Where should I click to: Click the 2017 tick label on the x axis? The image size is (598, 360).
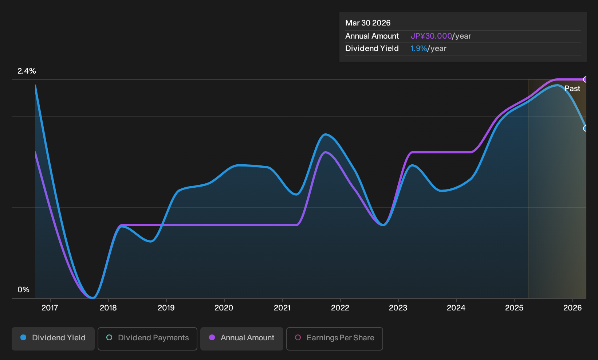[50, 308]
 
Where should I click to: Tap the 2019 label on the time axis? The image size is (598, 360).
[166, 308]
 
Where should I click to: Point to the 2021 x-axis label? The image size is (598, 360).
[282, 308]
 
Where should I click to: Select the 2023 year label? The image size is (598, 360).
[398, 308]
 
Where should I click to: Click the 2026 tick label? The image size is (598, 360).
[573, 308]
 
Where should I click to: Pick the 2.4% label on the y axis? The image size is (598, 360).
[27, 71]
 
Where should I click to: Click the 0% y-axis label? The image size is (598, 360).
[24, 290]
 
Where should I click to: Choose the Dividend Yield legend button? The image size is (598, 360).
[53, 339]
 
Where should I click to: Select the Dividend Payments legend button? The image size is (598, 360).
[147, 339]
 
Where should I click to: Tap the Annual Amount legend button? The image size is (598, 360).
[241, 339]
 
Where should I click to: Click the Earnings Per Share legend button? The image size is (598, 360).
[334, 339]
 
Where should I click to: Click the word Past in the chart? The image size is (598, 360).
[572, 89]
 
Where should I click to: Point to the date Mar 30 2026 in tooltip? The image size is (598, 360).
[368, 23]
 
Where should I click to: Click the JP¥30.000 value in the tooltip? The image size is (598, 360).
[431, 36]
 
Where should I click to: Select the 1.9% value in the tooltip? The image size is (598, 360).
[418, 48]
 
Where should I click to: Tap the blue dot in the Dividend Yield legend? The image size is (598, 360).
[24, 337]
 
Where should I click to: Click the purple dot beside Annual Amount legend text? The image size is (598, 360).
[212, 337]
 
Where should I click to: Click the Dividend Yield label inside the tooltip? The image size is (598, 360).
[372, 48]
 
